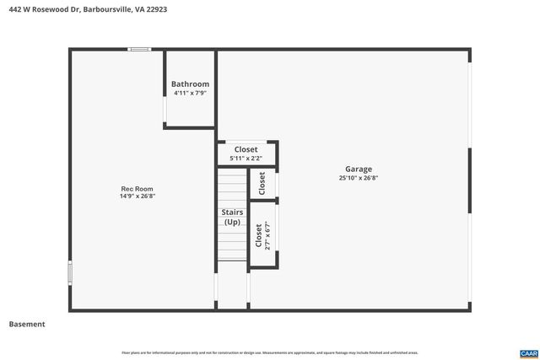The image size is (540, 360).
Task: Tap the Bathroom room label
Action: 190,84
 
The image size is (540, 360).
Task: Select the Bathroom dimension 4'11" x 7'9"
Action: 190,93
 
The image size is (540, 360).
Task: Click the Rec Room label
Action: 137,189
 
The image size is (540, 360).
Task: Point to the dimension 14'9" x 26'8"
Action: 137,196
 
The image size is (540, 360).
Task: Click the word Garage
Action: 358,169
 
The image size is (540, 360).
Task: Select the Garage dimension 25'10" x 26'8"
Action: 358,178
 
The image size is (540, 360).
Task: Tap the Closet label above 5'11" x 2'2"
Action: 246,149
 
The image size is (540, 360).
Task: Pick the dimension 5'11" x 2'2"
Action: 246,158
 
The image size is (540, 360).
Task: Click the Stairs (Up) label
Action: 231,217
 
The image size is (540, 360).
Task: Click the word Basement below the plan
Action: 27,325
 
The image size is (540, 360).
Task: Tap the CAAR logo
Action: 528,352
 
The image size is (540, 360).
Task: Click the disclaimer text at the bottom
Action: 269,352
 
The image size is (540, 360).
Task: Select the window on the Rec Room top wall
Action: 139,50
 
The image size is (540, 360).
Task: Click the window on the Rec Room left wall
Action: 70,272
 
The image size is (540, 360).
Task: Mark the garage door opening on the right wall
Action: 469,177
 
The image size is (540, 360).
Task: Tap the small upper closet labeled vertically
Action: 262,183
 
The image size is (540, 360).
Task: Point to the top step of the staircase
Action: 232,172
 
